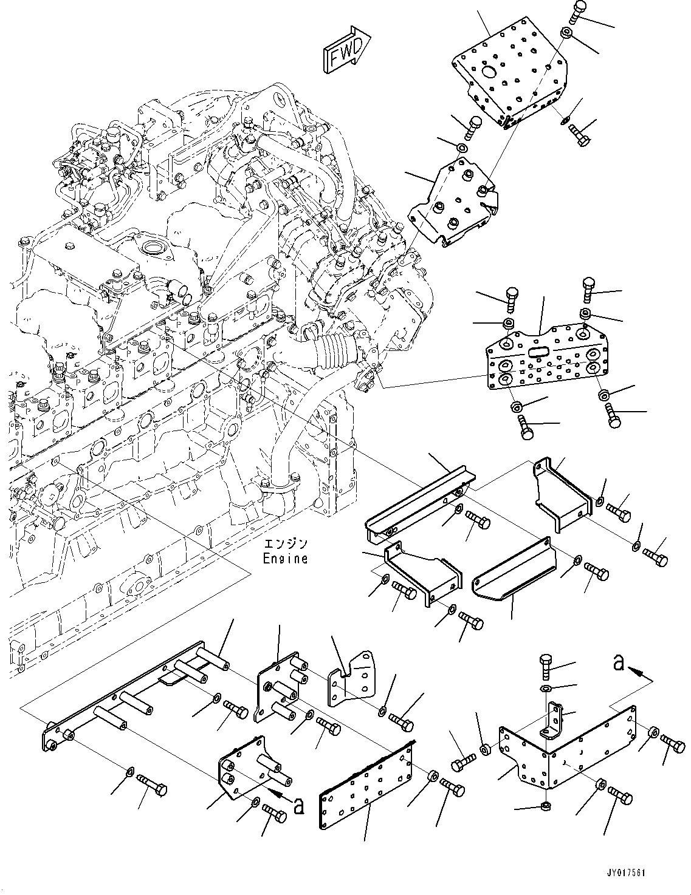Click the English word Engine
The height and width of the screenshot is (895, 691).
285,558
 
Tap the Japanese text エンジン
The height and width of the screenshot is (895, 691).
285,543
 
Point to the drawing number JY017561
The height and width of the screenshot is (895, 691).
625,873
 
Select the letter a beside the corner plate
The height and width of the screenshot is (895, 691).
619,664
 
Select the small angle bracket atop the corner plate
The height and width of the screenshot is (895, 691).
554,720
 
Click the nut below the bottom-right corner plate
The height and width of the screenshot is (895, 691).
545,806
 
